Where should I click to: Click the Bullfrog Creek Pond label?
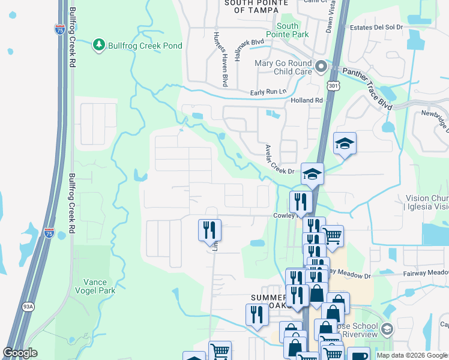click(136, 44)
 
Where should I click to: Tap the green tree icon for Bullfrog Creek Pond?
click(98, 44)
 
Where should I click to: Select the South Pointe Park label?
click(292, 30)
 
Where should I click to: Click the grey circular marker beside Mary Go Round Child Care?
click(321, 67)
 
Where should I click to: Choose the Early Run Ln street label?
click(269, 92)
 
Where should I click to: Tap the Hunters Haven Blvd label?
click(220, 58)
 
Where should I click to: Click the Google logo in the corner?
click(20, 353)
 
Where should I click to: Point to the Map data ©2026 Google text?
click(412, 355)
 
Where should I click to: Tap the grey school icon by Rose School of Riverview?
click(387, 329)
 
